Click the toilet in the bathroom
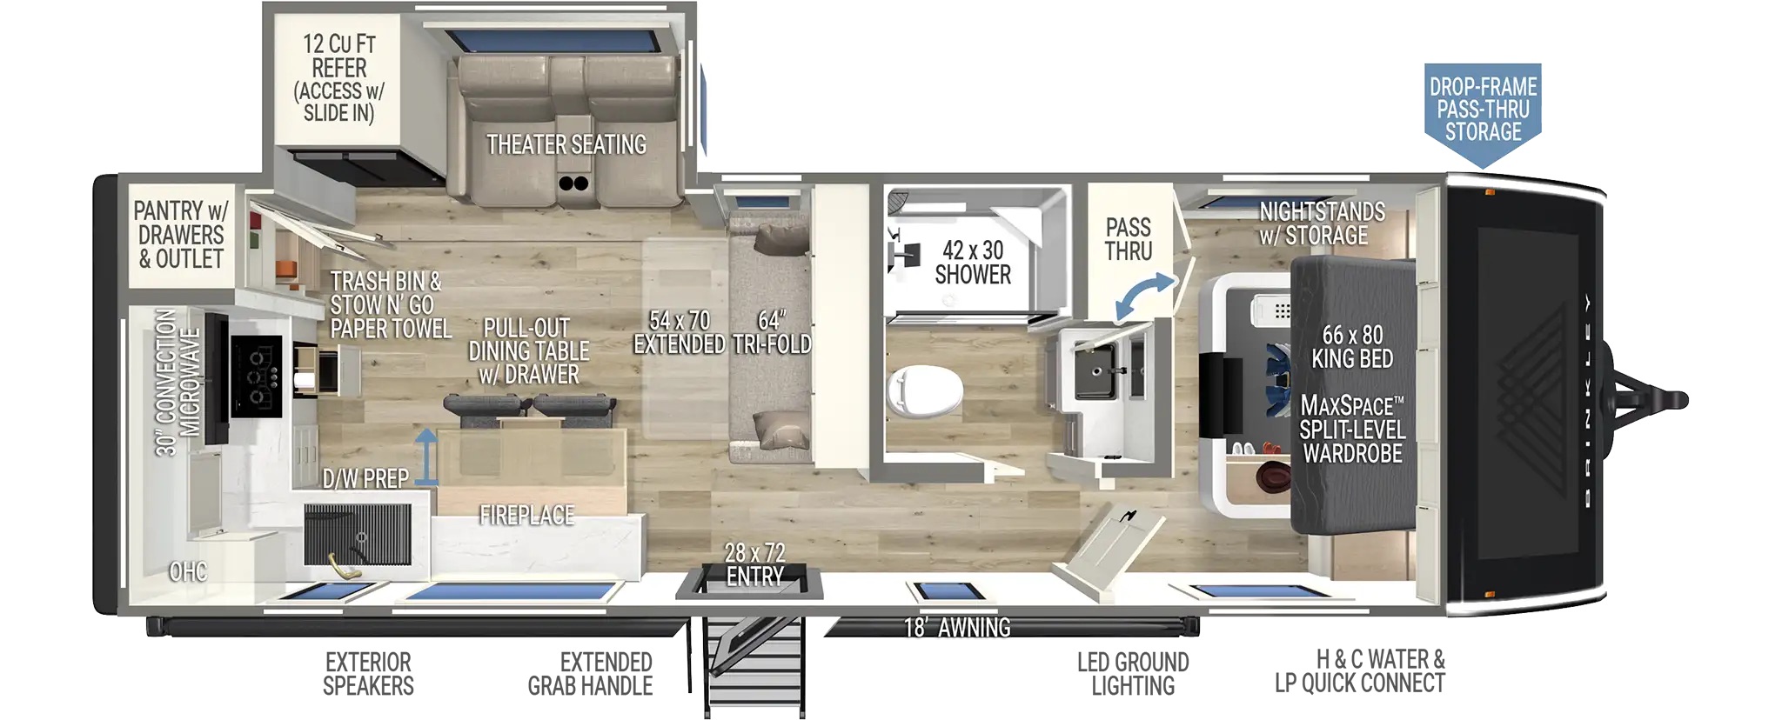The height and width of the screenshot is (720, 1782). click(924, 390)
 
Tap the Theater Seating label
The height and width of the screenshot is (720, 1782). click(566, 144)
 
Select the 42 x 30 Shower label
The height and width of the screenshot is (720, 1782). click(973, 263)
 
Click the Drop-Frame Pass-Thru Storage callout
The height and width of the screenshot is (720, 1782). click(1483, 110)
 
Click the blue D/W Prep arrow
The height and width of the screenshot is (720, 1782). click(425, 456)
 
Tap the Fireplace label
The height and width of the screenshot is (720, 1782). click(526, 516)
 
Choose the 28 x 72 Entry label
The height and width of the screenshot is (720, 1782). click(754, 564)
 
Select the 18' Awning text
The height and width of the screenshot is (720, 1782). click(956, 627)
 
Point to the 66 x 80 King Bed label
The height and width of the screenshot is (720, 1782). click(1352, 347)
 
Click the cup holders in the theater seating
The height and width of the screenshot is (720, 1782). click(573, 183)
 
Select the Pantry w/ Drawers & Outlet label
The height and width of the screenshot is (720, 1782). click(181, 235)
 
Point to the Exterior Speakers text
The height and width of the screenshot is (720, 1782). click(368, 674)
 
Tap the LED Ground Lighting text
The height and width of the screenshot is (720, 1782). click(1133, 674)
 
